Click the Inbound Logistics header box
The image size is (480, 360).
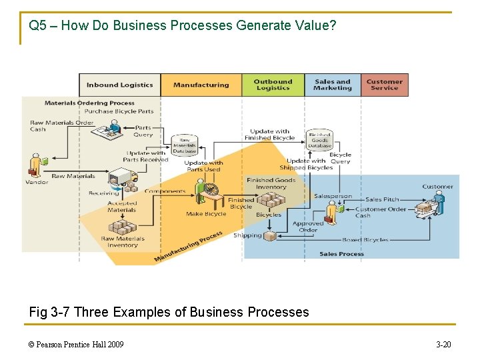point(120,85)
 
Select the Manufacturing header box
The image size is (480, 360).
point(201,85)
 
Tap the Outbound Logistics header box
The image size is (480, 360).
point(273,85)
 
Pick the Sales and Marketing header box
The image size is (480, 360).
point(332,85)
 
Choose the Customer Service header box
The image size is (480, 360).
point(385,85)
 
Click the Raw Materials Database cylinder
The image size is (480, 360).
point(185,145)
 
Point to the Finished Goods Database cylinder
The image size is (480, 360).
point(319,139)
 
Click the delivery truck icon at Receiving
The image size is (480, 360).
point(123,177)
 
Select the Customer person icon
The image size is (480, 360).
point(438,201)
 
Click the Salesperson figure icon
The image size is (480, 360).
point(331,212)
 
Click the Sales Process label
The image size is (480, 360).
point(341,254)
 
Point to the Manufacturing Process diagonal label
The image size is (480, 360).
point(188,247)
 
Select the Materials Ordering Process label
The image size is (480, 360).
point(89,103)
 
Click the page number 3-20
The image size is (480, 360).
point(443,344)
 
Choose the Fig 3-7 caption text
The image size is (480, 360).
point(169,312)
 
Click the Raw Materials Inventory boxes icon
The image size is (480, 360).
point(122,227)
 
